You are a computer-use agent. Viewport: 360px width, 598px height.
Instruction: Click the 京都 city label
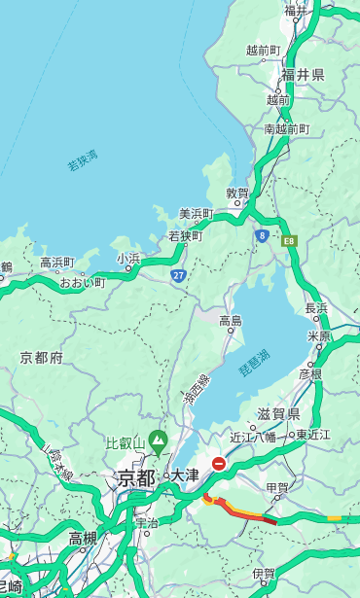pyautogui.click(x=136, y=477)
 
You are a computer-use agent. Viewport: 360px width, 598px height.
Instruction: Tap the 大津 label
pyautogui.click(x=185, y=475)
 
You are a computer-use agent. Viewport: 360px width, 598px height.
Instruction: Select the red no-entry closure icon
pyautogui.click(x=220, y=465)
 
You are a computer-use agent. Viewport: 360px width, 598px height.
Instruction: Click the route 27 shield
pyautogui.click(x=179, y=275)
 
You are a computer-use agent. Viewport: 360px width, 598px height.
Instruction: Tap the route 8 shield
pyautogui.click(x=262, y=235)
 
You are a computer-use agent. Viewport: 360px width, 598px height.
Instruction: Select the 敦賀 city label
pyautogui.click(x=237, y=193)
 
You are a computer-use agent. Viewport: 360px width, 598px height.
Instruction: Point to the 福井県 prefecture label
pyautogui.click(x=303, y=75)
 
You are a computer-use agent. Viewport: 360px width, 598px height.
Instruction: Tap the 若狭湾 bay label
pyautogui.click(x=83, y=160)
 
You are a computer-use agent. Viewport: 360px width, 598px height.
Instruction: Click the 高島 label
pyautogui.click(x=231, y=320)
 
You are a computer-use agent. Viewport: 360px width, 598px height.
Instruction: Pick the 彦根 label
pyautogui.click(x=310, y=373)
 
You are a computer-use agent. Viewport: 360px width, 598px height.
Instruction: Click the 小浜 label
pyautogui.click(x=128, y=259)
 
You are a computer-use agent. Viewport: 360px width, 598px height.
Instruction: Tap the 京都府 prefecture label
pyautogui.click(x=42, y=358)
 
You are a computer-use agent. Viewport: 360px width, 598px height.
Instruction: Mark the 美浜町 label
pyautogui.click(x=196, y=214)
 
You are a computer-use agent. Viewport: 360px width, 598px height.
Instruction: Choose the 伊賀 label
pyautogui.click(x=264, y=574)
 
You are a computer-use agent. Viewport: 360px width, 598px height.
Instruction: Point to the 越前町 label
pyautogui.click(x=263, y=50)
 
